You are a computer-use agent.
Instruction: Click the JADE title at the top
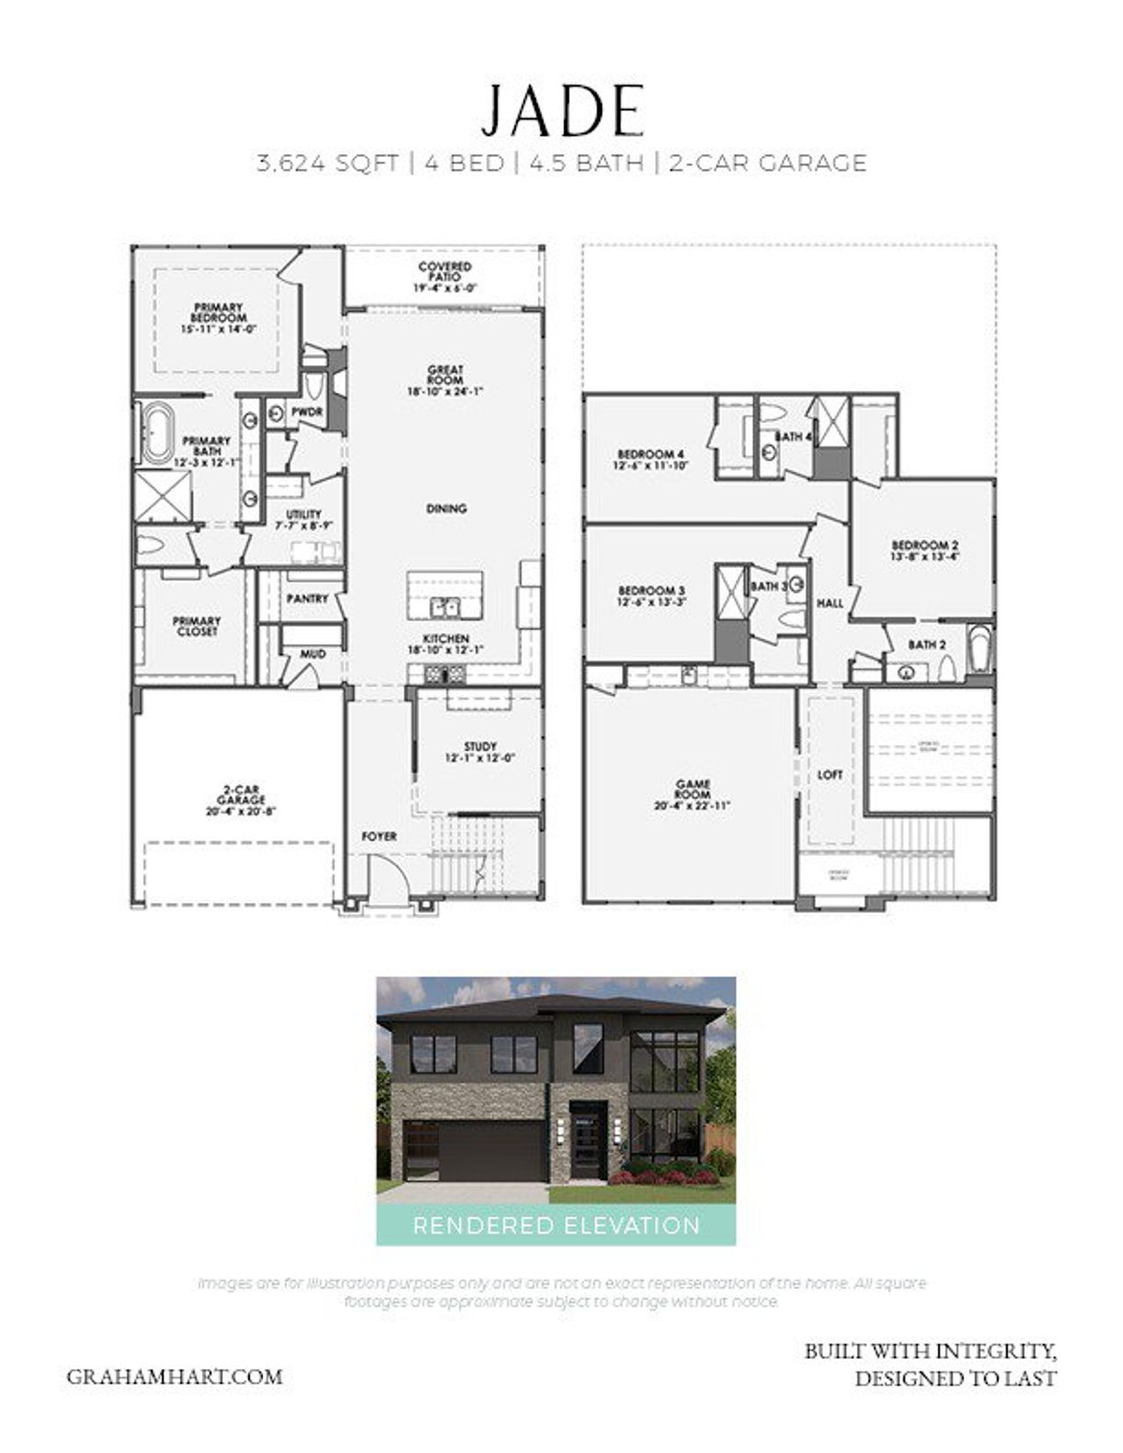coord(561,111)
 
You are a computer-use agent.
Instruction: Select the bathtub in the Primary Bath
coord(159,433)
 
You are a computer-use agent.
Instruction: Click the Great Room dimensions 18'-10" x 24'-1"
coord(445,391)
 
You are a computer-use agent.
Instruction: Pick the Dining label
coord(446,508)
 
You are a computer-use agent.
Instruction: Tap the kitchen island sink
coord(445,606)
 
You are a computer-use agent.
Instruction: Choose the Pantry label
coord(307,598)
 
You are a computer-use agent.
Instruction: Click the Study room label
coord(480,747)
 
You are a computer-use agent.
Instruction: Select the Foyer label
coord(379,836)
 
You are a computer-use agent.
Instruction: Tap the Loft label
coord(829,775)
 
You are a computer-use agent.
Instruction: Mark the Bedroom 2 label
coord(925,545)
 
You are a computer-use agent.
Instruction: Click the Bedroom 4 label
coord(650,455)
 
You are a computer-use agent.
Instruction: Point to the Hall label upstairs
coord(830,603)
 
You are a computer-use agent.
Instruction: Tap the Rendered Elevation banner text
coord(556,1225)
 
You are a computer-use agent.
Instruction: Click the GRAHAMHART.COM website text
coord(175,1376)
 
